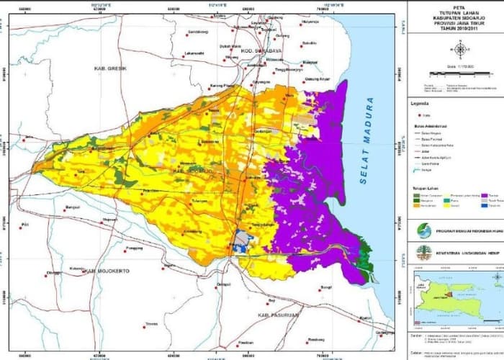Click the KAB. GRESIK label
click(110, 68)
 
